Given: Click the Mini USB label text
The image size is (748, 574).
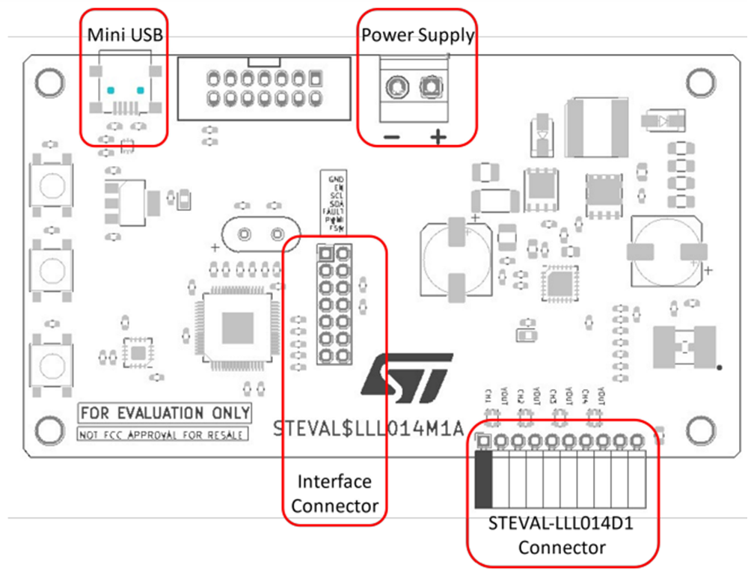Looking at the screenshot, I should tap(125, 34).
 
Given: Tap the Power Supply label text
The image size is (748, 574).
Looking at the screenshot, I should tap(417, 34).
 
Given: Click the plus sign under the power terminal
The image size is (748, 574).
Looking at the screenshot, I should tap(438, 137).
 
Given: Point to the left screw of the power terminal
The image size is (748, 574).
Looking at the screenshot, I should tap(394, 90).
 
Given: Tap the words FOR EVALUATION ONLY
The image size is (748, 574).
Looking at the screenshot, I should tap(165, 413).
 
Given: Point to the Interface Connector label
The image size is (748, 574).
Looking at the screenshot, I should tap(334, 493).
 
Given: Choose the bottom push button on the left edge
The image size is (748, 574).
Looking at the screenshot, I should tap(51, 364).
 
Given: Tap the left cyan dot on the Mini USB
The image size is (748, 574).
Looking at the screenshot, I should tap(111, 90).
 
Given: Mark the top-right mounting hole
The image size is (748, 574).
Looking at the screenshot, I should tap(701, 81).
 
